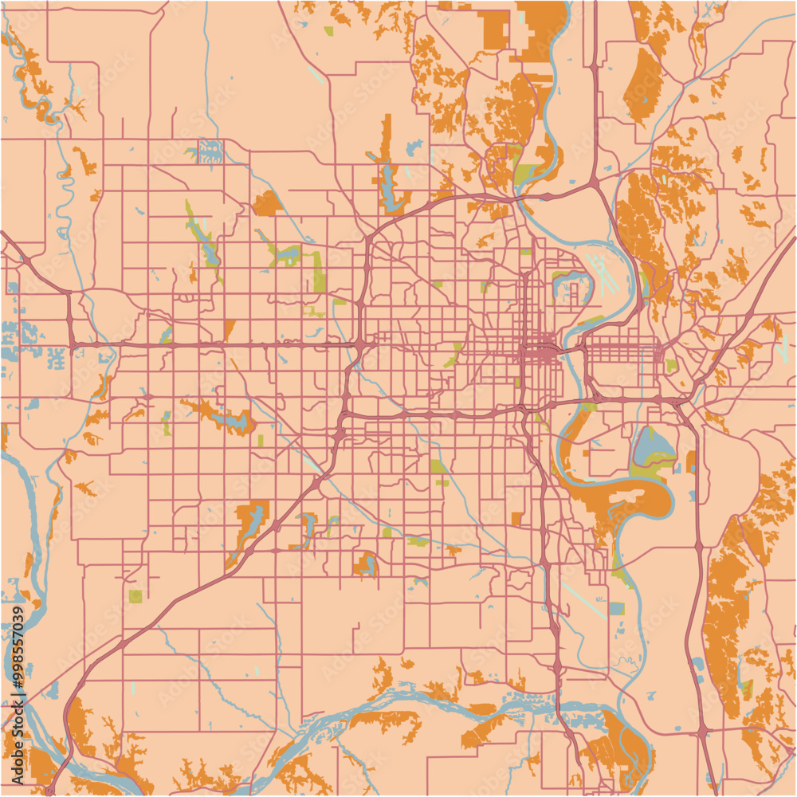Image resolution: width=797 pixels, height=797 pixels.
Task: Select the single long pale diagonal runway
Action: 582,598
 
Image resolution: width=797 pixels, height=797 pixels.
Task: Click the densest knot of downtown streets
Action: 540,351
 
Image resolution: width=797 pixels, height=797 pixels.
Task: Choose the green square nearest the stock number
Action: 135,595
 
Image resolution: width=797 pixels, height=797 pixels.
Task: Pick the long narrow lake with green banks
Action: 202,239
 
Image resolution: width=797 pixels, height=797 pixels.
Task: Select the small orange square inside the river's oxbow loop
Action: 588,453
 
